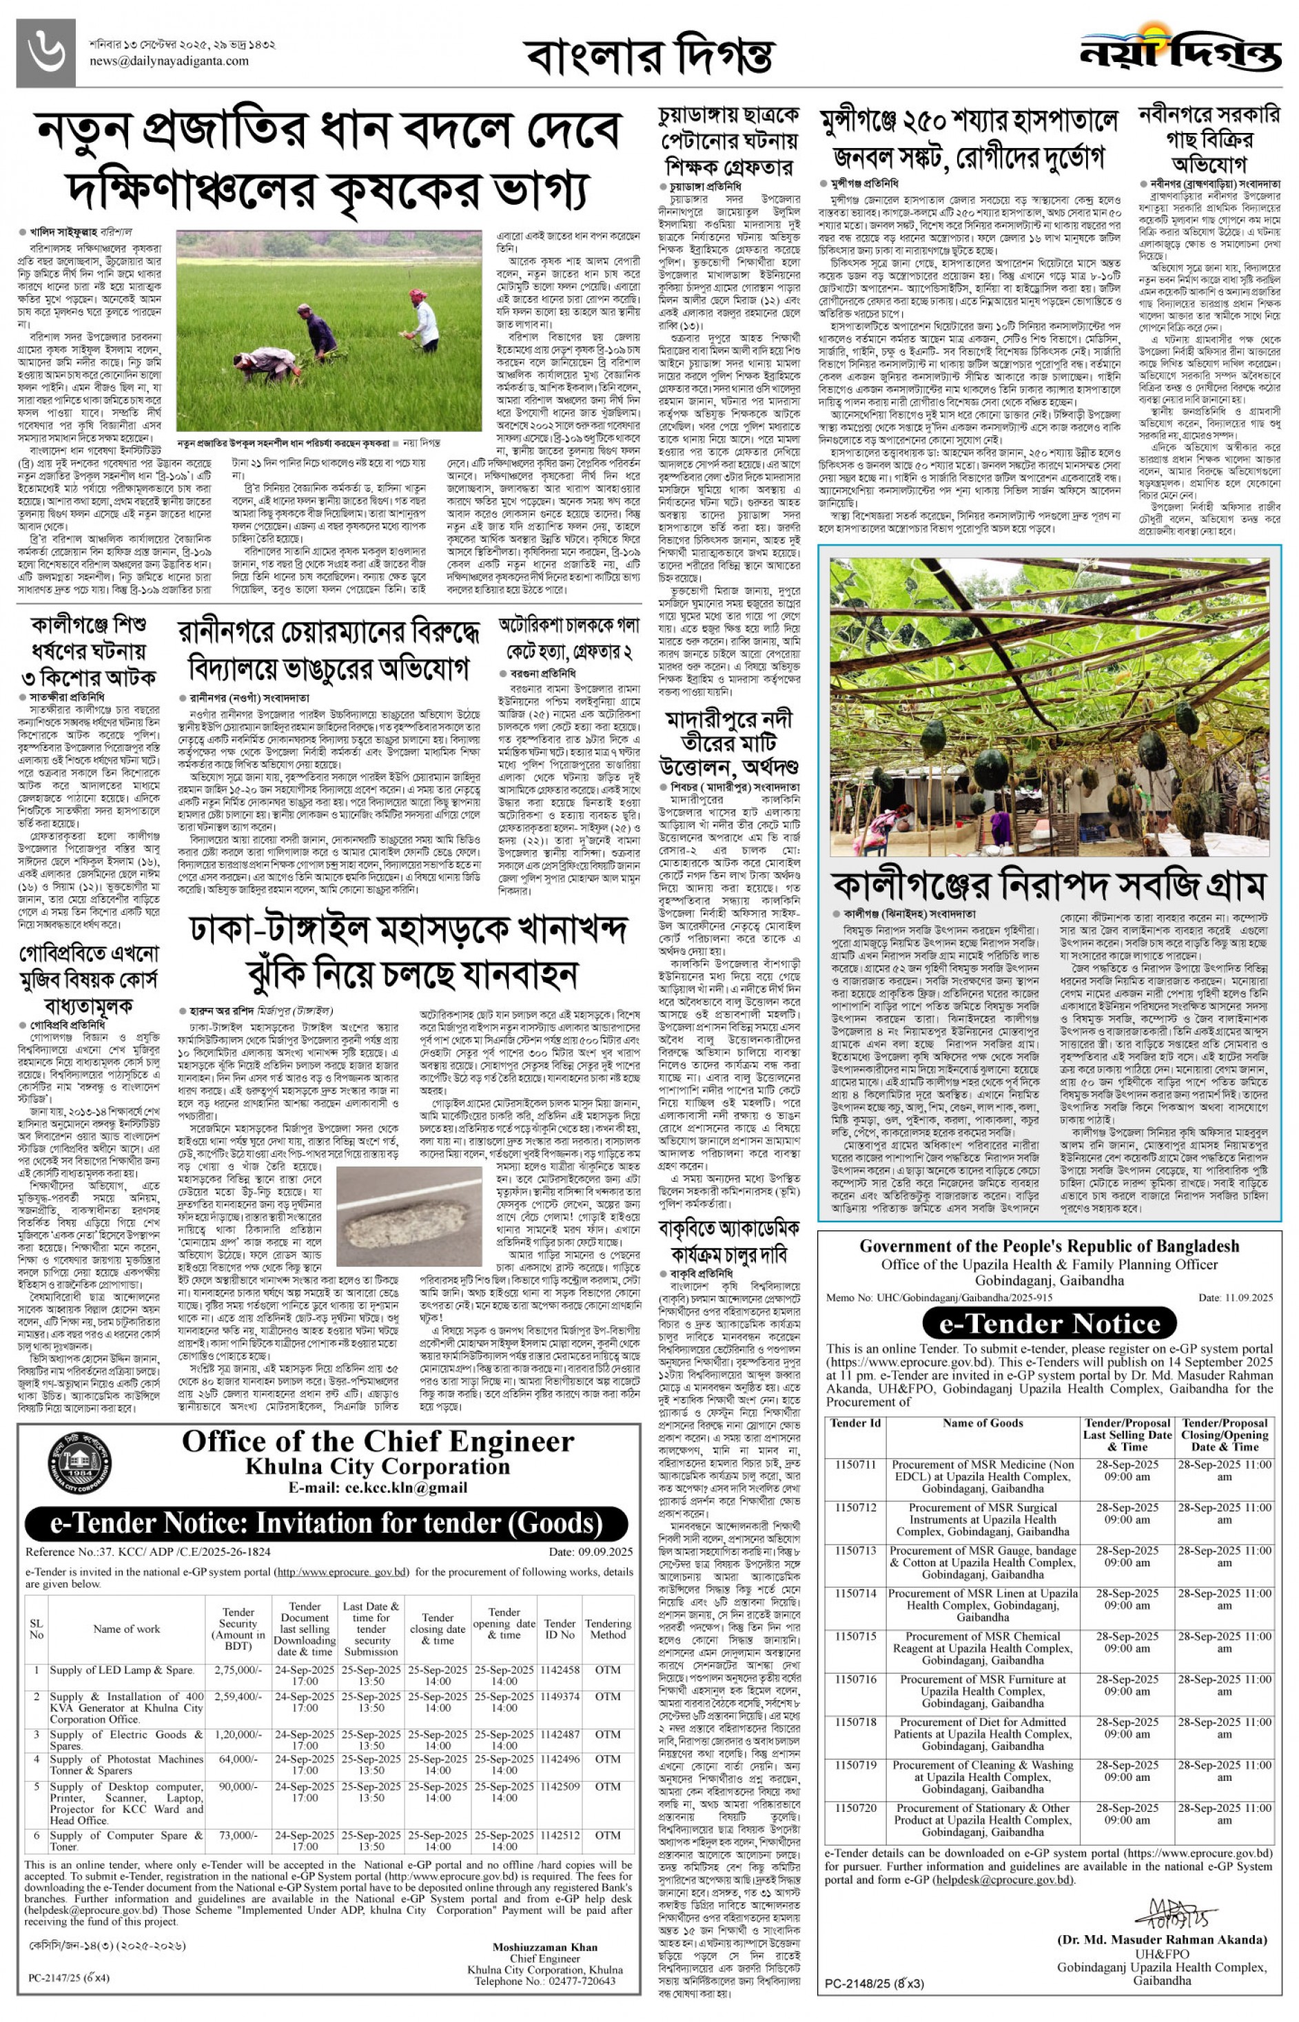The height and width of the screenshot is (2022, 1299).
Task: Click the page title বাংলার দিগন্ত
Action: click(648, 56)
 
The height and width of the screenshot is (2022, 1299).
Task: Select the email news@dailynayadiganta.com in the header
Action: click(169, 61)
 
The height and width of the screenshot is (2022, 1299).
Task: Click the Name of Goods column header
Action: click(982, 1423)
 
